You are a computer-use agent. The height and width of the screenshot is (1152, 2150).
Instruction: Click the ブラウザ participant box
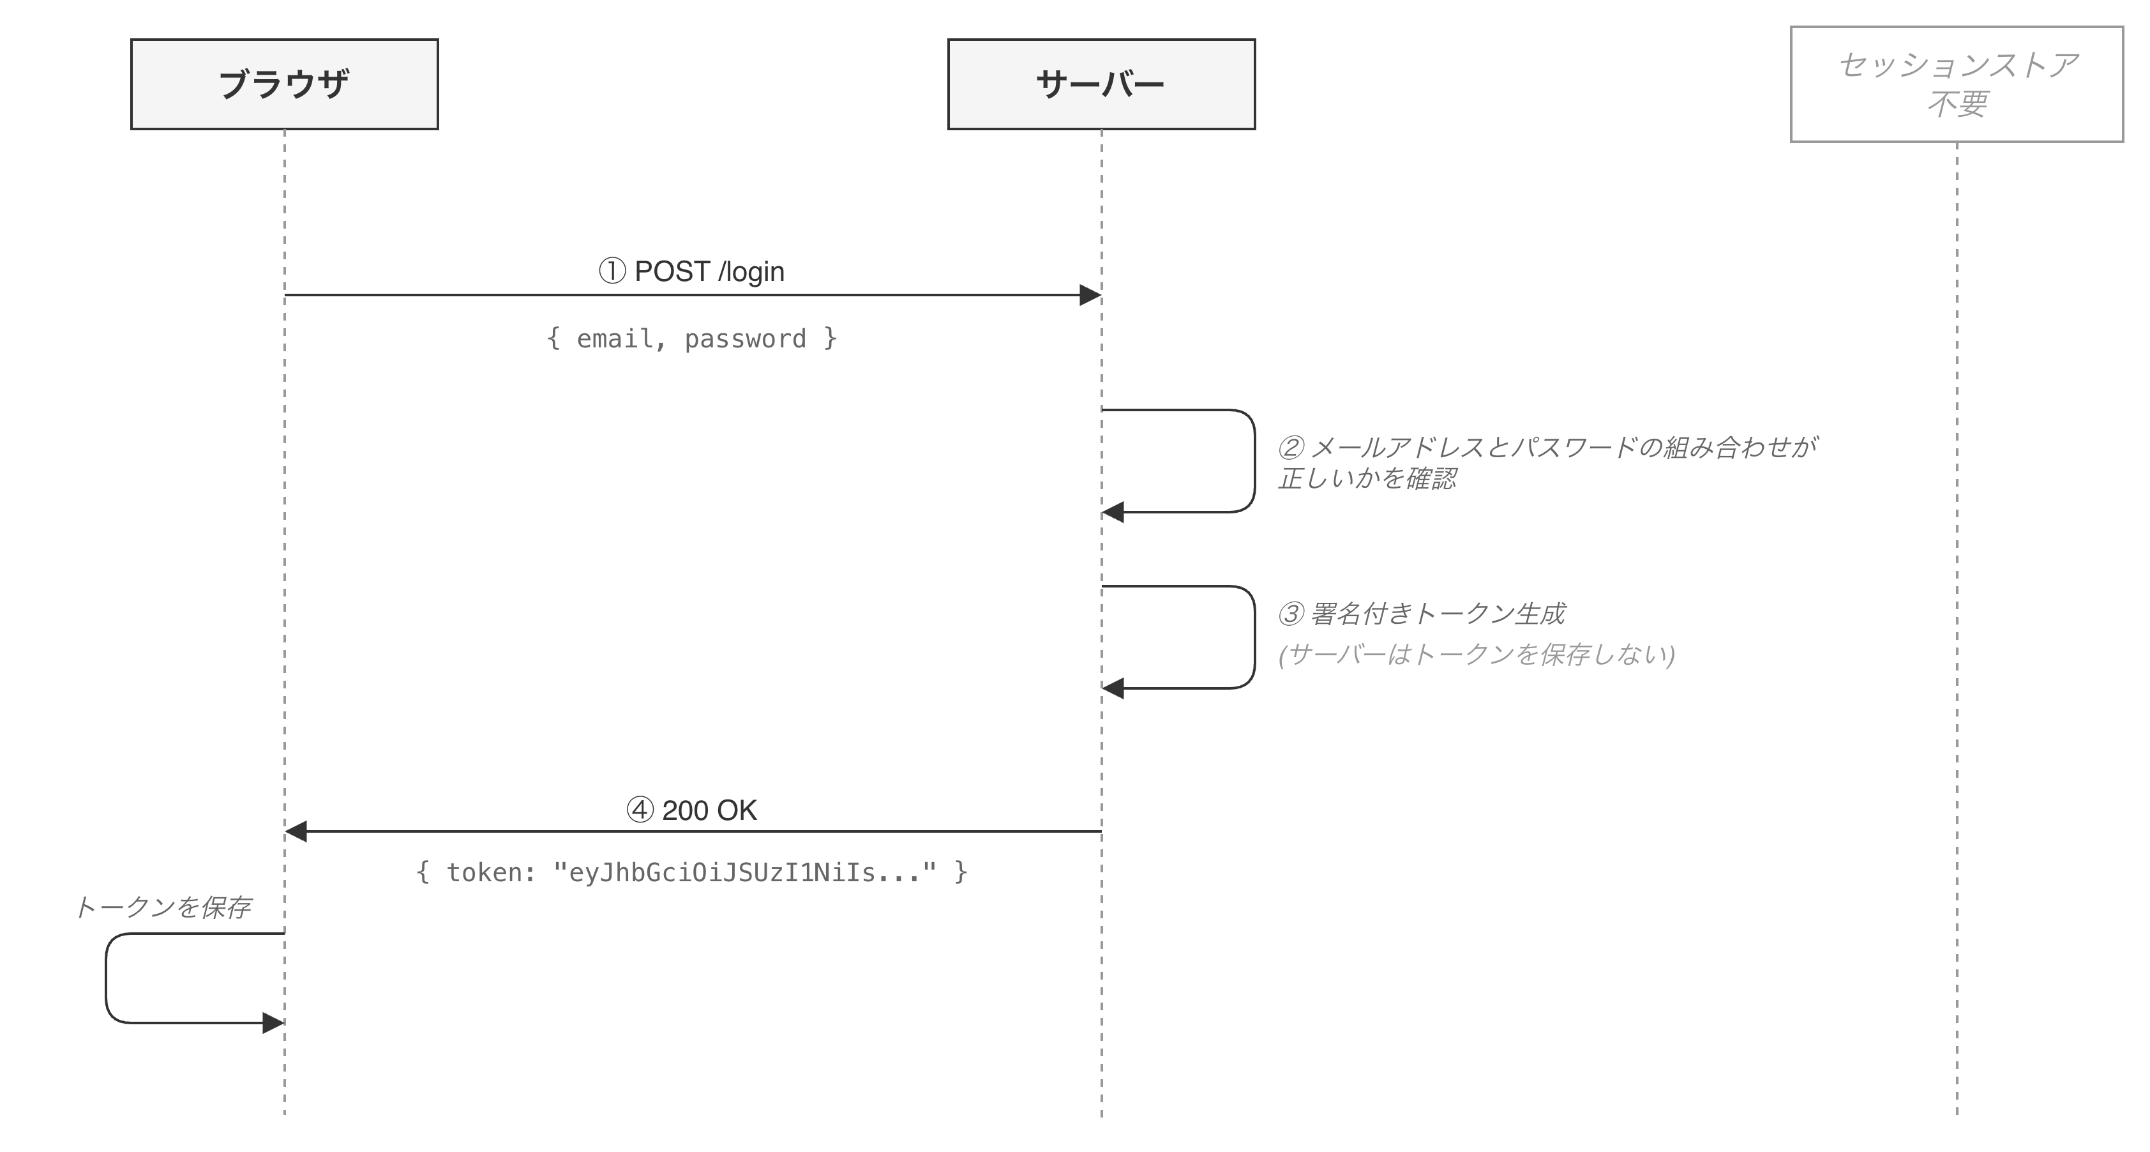click(284, 84)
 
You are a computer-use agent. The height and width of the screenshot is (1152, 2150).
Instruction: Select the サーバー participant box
click(1101, 84)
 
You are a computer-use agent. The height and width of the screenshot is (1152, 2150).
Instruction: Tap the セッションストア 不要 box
click(1957, 84)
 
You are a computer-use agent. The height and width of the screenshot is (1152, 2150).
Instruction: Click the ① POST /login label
click(691, 271)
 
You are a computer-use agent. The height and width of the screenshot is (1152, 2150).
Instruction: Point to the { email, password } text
click(691, 338)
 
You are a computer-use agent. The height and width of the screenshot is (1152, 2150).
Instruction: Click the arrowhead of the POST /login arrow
click(1090, 294)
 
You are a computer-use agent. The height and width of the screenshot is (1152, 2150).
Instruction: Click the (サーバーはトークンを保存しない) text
click(1477, 655)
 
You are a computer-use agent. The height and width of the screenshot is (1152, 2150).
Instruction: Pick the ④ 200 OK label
click(691, 810)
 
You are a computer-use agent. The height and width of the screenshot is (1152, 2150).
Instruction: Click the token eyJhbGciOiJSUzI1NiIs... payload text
click(691, 872)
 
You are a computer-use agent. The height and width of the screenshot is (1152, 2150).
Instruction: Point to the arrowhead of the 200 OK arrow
click(296, 831)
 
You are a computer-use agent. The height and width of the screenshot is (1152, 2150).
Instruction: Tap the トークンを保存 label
click(163, 907)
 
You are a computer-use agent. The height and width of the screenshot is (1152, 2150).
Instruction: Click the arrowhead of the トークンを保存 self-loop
click(273, 1022)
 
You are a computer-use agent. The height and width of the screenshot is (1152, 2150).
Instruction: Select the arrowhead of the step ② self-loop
click(1113, 512)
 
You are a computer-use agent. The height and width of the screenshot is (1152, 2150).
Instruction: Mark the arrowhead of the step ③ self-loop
click(1113, 688)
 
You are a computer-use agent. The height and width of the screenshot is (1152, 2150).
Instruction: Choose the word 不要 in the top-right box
click(1957, 104)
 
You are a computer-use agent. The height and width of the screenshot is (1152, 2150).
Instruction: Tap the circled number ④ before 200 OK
click(640, 810)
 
